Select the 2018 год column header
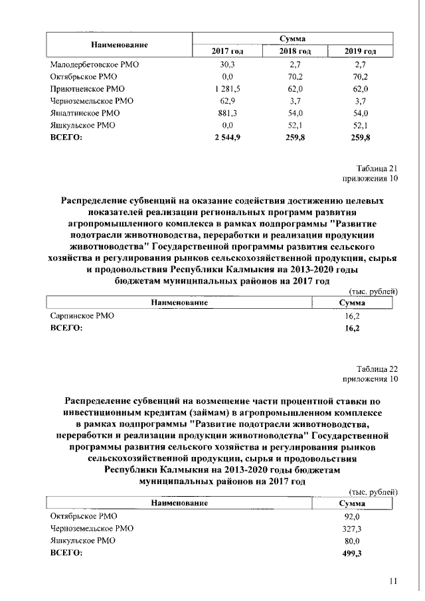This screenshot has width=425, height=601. (x=296, y=51)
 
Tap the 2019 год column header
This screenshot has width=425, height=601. (x=361, y=51)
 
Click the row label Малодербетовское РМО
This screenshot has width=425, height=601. (x=96, y=64)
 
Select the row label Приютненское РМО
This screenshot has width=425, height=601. (x=88, y=89)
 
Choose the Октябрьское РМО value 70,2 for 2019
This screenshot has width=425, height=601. (x=361, y=76)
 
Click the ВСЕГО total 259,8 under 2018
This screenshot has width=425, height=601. (x=296, y=137)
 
